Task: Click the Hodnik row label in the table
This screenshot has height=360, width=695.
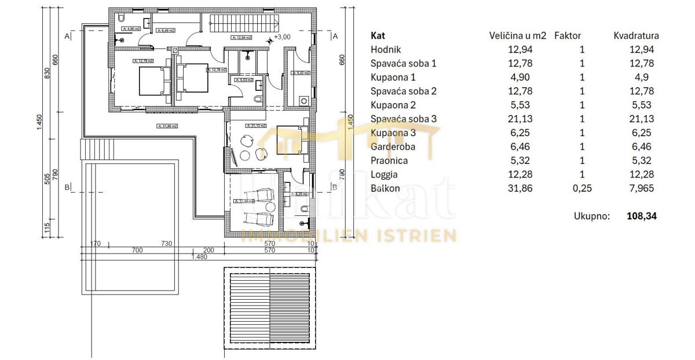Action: (386, 50)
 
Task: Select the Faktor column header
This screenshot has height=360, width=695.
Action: (568, 35)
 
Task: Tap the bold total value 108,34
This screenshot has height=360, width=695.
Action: (642, 216)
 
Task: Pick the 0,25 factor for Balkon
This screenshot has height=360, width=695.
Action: (582, 188)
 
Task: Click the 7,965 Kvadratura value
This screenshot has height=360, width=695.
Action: (643, 188)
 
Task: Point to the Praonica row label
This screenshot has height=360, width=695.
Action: (389, 160)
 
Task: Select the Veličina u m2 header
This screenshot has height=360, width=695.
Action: (518, 35)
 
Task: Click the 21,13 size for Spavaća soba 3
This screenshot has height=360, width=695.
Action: (520, 119)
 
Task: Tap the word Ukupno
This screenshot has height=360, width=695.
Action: (592, 216)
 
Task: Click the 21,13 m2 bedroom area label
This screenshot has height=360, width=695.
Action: (255, 125)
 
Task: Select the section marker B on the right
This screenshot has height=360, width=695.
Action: (334, 186)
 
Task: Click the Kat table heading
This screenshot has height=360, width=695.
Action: (378, 35)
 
